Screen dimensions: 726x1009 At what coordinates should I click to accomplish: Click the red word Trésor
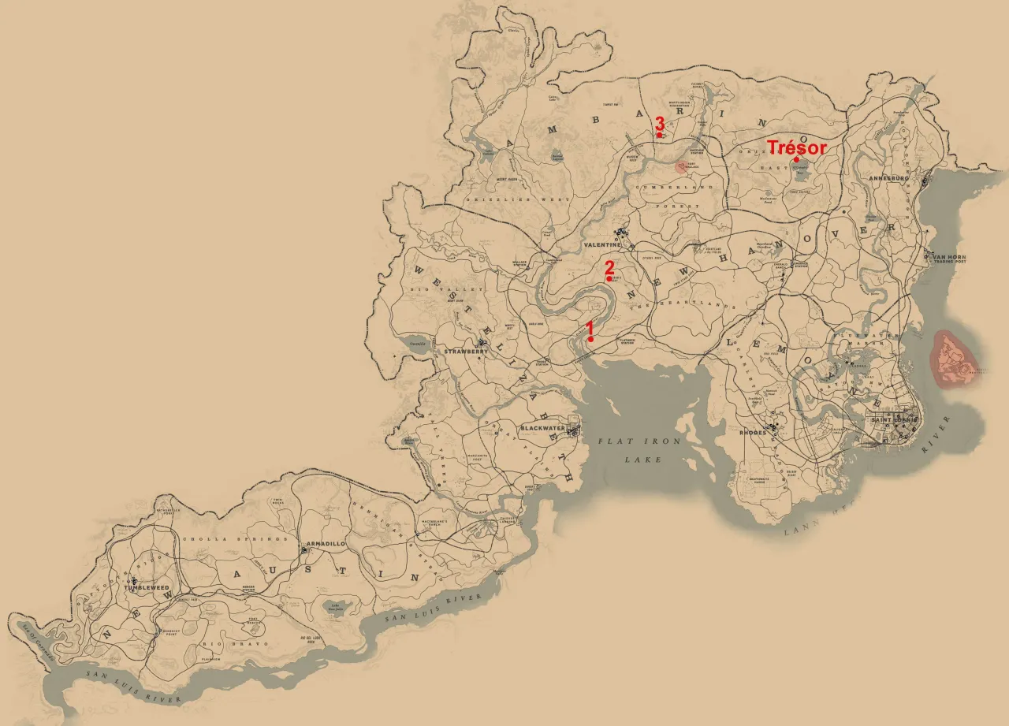(x=797, y=147)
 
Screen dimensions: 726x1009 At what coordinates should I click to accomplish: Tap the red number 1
(x=589, y=327)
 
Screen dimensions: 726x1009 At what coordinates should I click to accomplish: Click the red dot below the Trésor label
(x=797, y=160)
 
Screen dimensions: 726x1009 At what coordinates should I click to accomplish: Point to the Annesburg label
(x=888, y=179)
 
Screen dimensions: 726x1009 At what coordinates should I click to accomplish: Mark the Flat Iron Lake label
(x=631, y=450)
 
